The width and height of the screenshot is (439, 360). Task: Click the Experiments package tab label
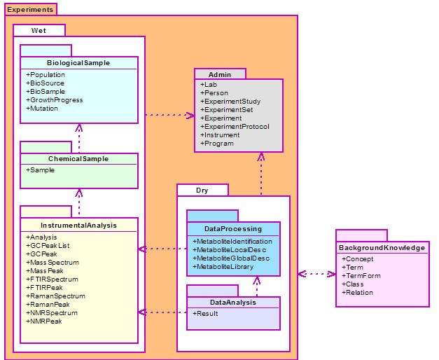(x=30, y=10)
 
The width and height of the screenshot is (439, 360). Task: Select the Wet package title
(x=39, y=31)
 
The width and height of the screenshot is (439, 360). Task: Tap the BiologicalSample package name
(x=78, y=63)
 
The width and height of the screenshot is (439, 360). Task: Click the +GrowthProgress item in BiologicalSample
(x=55, y=100)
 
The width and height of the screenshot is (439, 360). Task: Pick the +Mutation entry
(x=42, y=109)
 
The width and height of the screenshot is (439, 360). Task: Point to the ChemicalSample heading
(x=78, y=159)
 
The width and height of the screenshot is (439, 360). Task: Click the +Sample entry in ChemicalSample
(x=41, y=170)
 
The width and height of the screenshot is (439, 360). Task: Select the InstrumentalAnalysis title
(x=78, y=226)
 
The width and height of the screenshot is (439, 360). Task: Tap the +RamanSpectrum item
(x=56, y=296)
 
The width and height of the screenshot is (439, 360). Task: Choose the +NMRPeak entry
(x=44, y=321)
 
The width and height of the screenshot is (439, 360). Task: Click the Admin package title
(x=220, y=74)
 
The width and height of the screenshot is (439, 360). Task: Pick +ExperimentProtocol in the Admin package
(x=235, y=127)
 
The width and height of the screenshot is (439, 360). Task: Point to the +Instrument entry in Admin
(x=220, y=135)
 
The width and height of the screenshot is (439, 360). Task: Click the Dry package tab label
(x=202, y=191)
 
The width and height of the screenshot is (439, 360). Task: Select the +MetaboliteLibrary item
(x=223, y=267)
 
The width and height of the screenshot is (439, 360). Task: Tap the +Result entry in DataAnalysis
(x=205, y=314)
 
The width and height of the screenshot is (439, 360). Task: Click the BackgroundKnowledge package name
(x=382, y=248)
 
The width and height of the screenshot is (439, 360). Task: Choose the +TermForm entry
(x=361, y=276)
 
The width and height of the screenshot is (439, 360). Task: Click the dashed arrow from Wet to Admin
(x=170, y=115)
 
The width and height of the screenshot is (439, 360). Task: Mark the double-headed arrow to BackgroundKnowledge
(x=316, y=274)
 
